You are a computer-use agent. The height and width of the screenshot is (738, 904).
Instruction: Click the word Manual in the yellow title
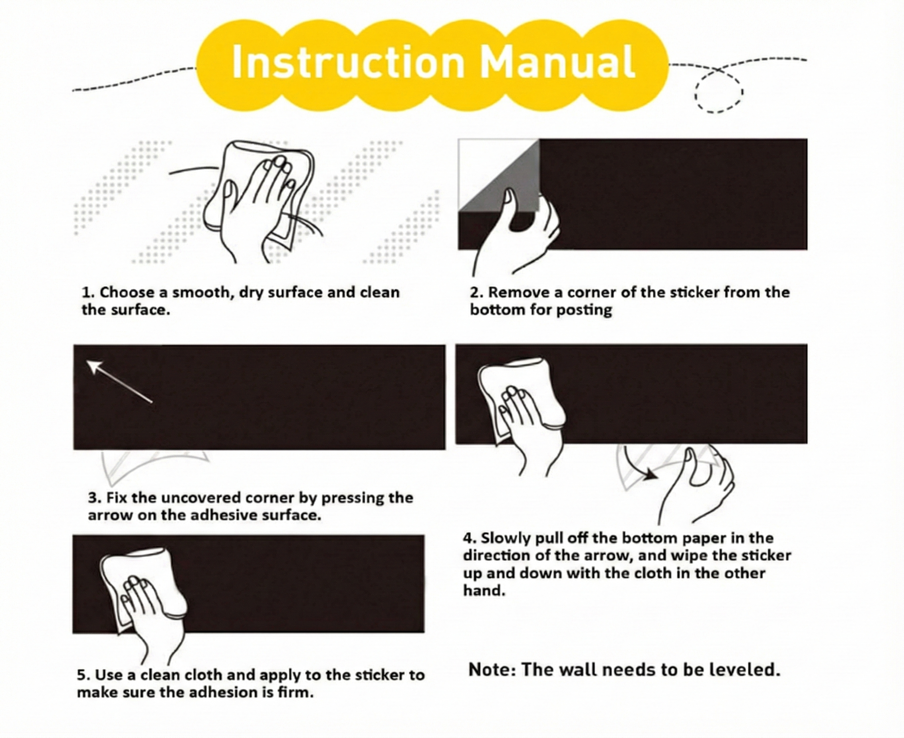coord(558,62)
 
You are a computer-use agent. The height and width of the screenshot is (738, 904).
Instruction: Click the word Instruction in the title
coord(348,62)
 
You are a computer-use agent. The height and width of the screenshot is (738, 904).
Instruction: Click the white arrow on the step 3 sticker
coord(119,381)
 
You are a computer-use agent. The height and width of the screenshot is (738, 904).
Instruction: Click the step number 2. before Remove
coord(477,293)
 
